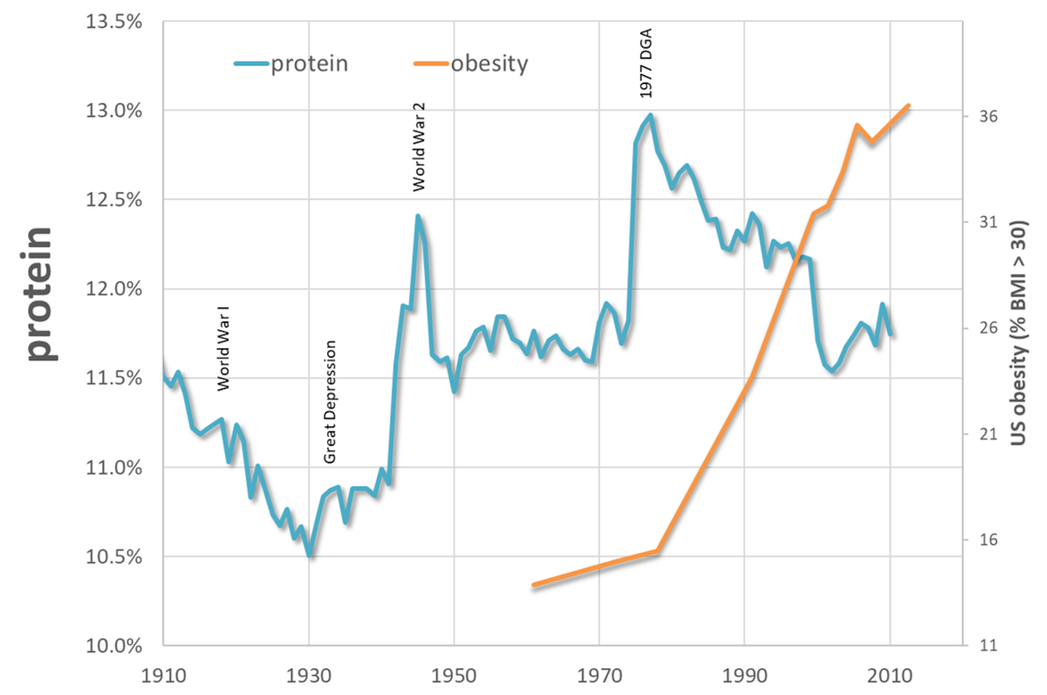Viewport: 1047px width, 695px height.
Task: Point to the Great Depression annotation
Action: (x=330, y=402)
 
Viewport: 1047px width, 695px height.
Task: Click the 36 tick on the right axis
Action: (x=986, y=117)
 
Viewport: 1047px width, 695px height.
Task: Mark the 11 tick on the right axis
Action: (x=986, y=646)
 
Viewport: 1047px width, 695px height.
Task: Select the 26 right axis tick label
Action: (x=986, y=329)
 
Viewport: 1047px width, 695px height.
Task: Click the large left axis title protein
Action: (x=41, y=295)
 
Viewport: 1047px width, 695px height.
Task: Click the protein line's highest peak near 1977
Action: (x=649, y=115)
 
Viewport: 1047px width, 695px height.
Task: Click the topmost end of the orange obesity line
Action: (x=908, y=106)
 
